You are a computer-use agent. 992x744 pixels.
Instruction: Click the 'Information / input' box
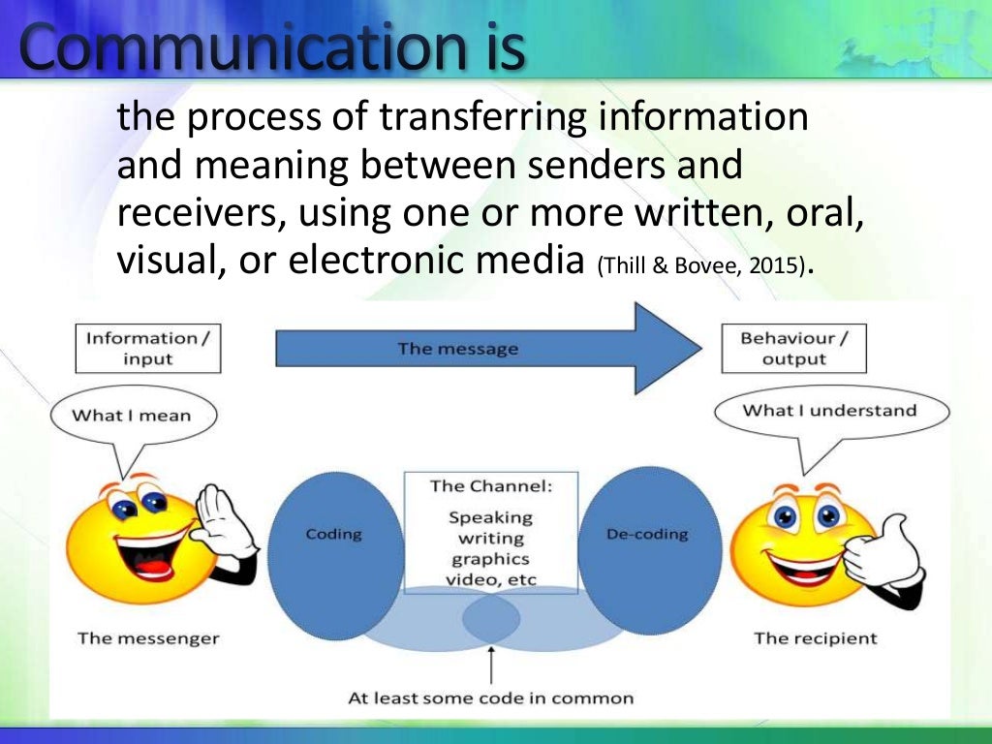(147, 348)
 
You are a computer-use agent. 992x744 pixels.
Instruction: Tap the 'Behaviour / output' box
(794, 348)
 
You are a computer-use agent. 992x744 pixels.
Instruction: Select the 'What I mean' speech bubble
(132, 417)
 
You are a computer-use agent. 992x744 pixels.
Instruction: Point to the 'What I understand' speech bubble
(828, 411)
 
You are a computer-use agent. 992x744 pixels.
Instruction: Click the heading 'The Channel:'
(490, 486)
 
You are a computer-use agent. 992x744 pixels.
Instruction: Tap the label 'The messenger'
(148, 638)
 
